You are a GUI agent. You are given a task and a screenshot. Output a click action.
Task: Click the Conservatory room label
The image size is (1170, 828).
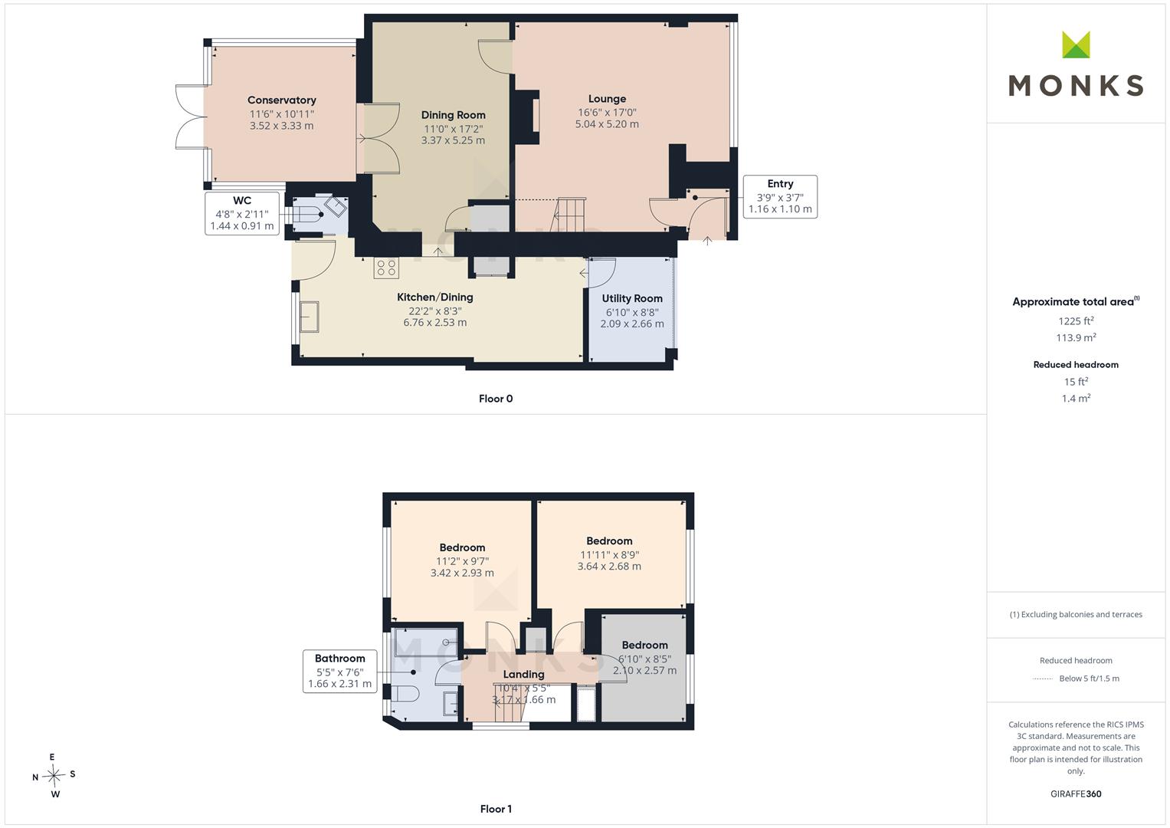click(281, 100)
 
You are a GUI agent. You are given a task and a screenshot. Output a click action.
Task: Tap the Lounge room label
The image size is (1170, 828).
click(607, 98)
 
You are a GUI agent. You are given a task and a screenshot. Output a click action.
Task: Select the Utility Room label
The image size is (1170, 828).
click(632, 298)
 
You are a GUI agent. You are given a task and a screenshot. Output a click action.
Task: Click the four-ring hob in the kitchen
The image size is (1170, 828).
click(386, 268)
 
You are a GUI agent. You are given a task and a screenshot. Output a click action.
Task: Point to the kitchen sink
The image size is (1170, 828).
click(310, 316)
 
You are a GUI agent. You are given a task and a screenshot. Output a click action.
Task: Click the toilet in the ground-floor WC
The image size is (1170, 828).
click(308, 215)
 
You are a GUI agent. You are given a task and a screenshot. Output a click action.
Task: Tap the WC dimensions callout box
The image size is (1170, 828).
click(242, 213)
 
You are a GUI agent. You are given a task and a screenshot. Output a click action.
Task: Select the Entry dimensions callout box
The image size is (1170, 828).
click(780, 196)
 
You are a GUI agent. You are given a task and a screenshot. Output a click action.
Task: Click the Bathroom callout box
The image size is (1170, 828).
click(339, 671)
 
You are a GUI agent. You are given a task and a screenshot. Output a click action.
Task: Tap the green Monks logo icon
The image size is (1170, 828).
click(1076, 44)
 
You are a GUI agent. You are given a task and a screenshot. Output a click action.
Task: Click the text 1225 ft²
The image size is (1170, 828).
click(1076, 321)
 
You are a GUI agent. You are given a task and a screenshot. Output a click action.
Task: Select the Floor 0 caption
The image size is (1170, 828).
click(496, 399)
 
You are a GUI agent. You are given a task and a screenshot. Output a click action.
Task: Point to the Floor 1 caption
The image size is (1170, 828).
click(496, 809)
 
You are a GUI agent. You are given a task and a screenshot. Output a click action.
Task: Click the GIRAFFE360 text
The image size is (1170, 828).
click(1076, 794)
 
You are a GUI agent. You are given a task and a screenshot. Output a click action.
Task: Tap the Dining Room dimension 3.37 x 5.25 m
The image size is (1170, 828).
click(453, 140)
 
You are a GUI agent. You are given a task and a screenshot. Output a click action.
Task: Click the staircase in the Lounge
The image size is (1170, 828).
click(569, 215)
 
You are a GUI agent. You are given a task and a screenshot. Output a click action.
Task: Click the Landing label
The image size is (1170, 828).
click(523, 675)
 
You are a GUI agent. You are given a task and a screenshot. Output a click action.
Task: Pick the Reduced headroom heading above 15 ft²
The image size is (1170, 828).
click(1076, 365)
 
